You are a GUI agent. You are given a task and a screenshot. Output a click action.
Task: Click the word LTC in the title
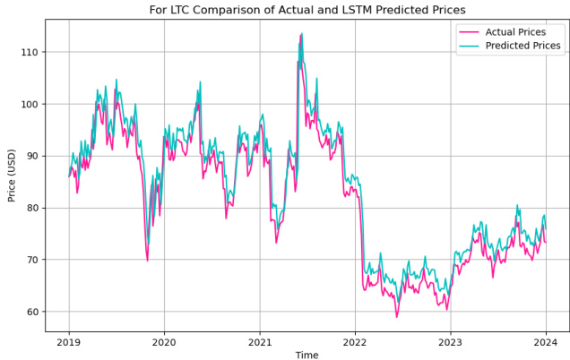[x=182, y=10]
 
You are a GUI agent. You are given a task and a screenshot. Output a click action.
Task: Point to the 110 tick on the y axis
[x=30, y=53]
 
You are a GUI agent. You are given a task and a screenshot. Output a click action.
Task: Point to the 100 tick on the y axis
[x=30, y=105]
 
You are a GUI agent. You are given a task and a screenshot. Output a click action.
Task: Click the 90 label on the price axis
[x=33, y=157]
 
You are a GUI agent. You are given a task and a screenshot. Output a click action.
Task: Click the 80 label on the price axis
[x=33, y=209]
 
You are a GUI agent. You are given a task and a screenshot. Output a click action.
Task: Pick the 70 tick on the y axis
[x=33, y=261]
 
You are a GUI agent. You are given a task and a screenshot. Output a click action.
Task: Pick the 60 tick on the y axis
[x=33, y=313]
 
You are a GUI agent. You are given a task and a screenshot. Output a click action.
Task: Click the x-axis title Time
[x=307, y=355]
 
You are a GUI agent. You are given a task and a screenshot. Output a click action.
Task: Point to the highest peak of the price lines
[x=301, y=34]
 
